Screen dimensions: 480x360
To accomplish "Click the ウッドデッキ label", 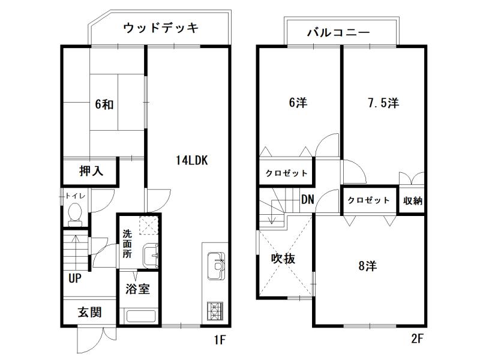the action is (161, 28).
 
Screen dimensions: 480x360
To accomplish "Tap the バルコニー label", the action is (339, 32).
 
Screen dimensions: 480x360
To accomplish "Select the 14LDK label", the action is (192, 160).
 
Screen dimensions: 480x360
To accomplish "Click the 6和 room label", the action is (104, 104).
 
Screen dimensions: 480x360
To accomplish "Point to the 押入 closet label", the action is (91, 171).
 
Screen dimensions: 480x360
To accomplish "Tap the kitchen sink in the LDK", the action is (216, 266).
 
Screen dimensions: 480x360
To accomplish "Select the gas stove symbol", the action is (215, 311).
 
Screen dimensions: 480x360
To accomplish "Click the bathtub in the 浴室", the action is (141, 316).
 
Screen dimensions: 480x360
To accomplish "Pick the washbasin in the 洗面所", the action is (151, 256).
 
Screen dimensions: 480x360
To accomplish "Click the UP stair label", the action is (74, 278).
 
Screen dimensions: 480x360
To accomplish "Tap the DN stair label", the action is (308, 200).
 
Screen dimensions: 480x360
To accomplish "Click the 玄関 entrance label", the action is (89, 312).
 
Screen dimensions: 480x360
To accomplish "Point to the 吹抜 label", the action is (283, 259).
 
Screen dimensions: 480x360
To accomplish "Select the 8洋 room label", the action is (368, 266).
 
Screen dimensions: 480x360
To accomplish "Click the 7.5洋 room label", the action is (383, 103).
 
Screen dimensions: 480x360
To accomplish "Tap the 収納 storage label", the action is (413, 201).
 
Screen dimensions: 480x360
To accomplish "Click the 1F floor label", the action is (220, 340).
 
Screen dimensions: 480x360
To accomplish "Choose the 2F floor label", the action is (417, 339).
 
